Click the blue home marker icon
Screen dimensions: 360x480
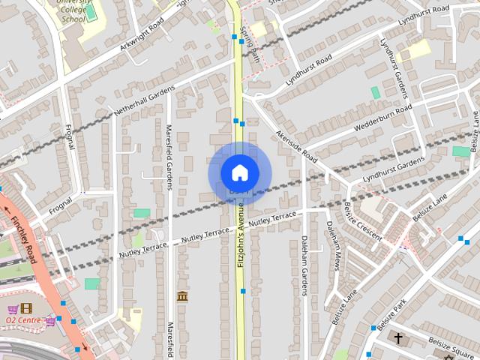pos(239,172)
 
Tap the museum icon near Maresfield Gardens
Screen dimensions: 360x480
pos(182,297)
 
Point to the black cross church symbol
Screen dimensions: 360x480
pos(397,338)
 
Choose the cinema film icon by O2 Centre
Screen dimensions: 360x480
pos(26,308)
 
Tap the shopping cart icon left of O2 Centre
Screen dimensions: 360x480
pos(13,309)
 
